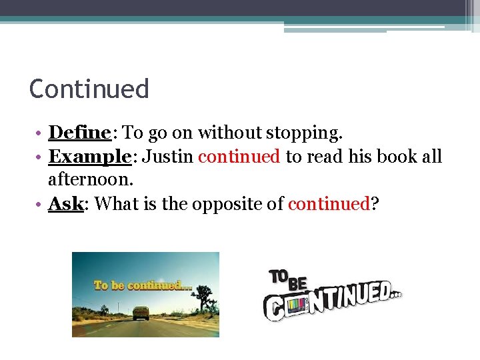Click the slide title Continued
pos(89,89)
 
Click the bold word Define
pos(79,133)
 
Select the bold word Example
pos(89,157)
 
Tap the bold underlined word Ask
pos(65,204)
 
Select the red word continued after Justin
pos(239,157)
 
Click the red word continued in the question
pos(329,204)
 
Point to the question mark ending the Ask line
pos(375,204)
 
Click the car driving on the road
pos(141,312)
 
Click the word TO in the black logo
pos(279,276)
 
